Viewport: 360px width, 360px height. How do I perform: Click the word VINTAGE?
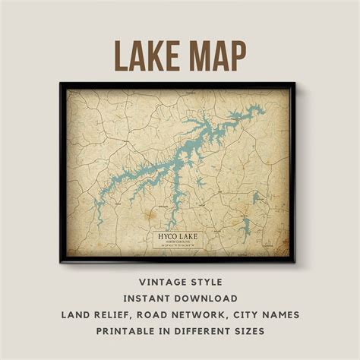(151, 280)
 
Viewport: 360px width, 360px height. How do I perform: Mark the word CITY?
(256, 314)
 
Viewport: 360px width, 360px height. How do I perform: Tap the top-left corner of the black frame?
(61, 83)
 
